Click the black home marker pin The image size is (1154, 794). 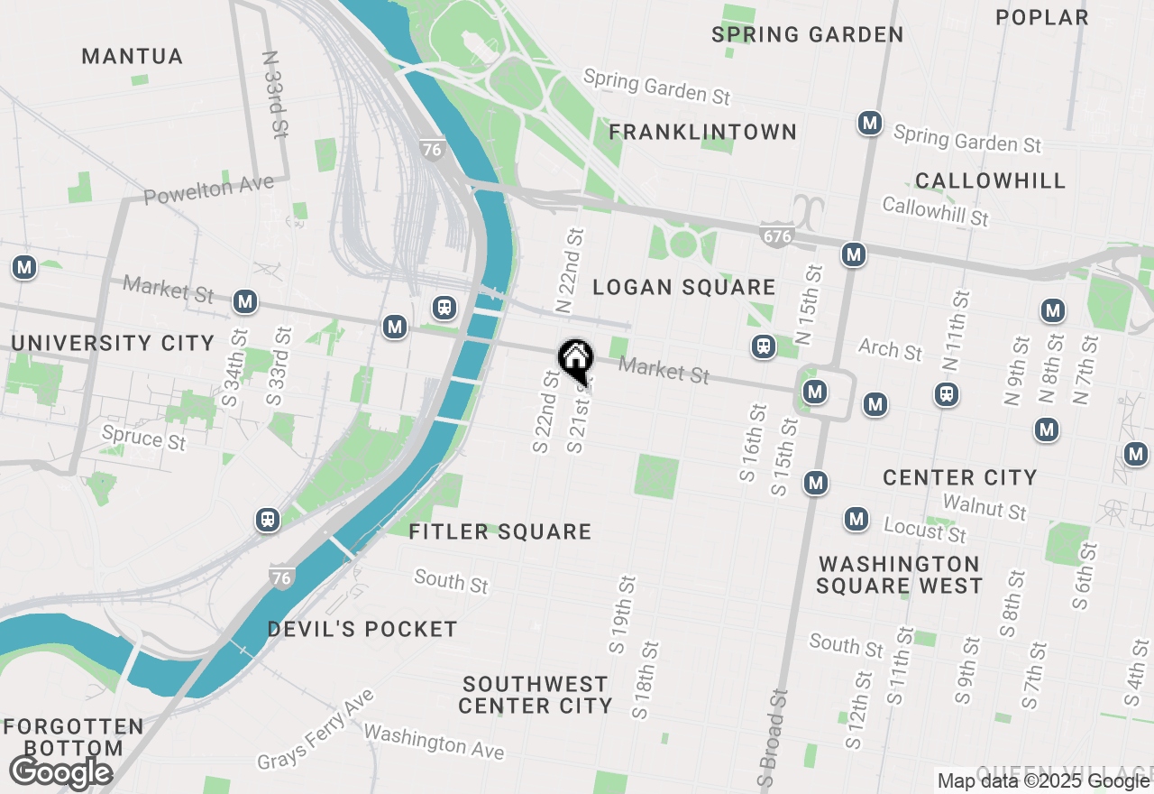click(x=575, y=361)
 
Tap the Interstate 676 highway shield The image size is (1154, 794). click(x=776, y=236)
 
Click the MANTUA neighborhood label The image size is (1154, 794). click(x=133, y=57)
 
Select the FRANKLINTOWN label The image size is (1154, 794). click(x=703, y=133)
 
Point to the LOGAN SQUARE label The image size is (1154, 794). click(x=684, y=288)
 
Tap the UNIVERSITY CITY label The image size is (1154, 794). click(x=113, y=344)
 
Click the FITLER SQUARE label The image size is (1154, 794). click(x=500, y=532)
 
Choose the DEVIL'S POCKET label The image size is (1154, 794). click(x=362, y=629)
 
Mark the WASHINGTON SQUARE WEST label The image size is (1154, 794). click(x=900, y=575)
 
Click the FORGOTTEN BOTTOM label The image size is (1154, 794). click(x=73, y=737)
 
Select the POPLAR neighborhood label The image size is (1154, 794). click(x=1042, y=17)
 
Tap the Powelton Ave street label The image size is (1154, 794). click(x=208, y=190)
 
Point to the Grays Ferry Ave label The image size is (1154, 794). click(x=315, y=730)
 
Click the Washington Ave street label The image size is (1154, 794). click(x=434, y=741)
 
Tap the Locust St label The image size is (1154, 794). click(x=924, y=530)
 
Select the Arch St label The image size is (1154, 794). click(x=891, y=348)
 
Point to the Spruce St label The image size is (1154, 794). click(x=143, y=438)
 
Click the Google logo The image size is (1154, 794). click(x=61, y=773)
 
